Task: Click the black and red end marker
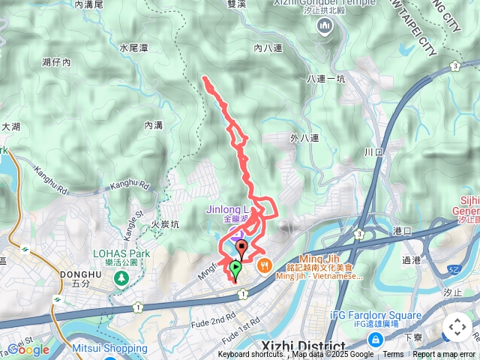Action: (x=241, y=248)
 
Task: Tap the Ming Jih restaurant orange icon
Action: (x=264, y=265)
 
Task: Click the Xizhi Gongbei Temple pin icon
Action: (x=325, y=28)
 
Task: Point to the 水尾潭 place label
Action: (x=133, y=47)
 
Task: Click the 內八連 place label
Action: (x=268, y=48)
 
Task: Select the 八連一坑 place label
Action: (x=325, y=78)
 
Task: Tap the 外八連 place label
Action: (x=304, y=138)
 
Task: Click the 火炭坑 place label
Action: (x=165, y=223)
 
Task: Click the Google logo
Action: (x=28, y=349)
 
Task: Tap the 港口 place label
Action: (x=402, y=232)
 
